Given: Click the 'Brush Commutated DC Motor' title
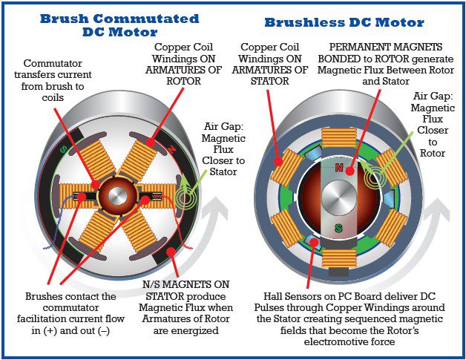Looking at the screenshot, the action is click(119, 25).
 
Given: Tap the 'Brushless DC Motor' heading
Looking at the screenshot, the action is click(344, 22).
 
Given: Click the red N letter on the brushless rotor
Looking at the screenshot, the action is click(339, 168).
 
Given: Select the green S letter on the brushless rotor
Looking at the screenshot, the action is click(338, 229).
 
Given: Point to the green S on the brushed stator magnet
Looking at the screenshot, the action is click(63, 149).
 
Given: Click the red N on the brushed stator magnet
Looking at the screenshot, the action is click(171, 149).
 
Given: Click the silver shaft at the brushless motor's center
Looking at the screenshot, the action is click(339, 197).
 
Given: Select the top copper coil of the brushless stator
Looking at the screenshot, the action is click(339, 137).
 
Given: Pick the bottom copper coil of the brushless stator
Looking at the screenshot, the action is click(339, 258).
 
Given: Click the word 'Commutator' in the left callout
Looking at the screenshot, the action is click(53, 63).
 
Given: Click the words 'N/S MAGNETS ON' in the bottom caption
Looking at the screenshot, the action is click(186, 284).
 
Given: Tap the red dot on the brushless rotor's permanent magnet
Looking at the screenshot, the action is click(350, 171).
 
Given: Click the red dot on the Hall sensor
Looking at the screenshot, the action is click(314, 242).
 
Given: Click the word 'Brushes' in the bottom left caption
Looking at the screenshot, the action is click(44, 296).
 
